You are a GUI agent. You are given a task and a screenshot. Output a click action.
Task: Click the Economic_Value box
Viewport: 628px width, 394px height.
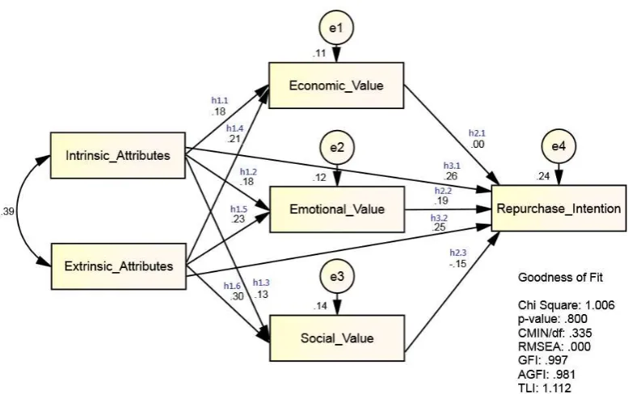pos(336,86)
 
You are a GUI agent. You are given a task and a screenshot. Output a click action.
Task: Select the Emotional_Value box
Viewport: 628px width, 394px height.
pos(337,209)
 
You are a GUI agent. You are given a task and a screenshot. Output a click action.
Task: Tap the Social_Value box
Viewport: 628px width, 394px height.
pos(337,338)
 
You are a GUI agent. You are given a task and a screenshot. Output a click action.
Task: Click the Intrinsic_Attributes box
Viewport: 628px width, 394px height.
pos(118,155)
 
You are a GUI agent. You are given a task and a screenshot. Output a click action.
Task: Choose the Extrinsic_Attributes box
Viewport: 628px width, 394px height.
pos(119,266)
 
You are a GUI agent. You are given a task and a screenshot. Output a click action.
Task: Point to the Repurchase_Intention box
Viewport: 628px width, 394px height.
pos(558,208)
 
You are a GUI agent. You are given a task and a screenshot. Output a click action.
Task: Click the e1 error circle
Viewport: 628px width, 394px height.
pos(336,27)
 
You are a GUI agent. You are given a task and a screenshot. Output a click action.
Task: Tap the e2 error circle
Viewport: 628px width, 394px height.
pos(337,148)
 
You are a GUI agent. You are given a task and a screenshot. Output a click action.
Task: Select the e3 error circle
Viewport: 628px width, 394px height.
pos(337,276)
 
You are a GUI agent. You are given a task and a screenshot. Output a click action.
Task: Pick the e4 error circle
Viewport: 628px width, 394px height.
pos(558,146)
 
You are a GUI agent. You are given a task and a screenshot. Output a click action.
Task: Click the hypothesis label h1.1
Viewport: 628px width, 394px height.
pos(220,101)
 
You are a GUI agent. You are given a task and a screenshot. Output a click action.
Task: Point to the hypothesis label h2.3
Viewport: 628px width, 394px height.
pos(457,253)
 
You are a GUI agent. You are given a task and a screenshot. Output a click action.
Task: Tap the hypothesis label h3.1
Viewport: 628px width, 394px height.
pos(452,166)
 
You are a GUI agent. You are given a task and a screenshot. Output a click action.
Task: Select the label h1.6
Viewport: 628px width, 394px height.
pos(232,286)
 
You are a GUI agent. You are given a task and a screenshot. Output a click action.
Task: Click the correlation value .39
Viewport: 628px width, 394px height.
pos(7,212)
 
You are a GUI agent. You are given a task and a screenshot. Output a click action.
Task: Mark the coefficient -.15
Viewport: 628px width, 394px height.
pos(457,263)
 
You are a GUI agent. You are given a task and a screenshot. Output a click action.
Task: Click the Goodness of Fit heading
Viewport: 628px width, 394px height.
pos(560,278)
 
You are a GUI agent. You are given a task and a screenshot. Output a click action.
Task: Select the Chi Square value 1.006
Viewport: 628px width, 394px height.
pos(600,305)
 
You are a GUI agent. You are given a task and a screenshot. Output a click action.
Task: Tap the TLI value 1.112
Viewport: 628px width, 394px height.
pos(557,388)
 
